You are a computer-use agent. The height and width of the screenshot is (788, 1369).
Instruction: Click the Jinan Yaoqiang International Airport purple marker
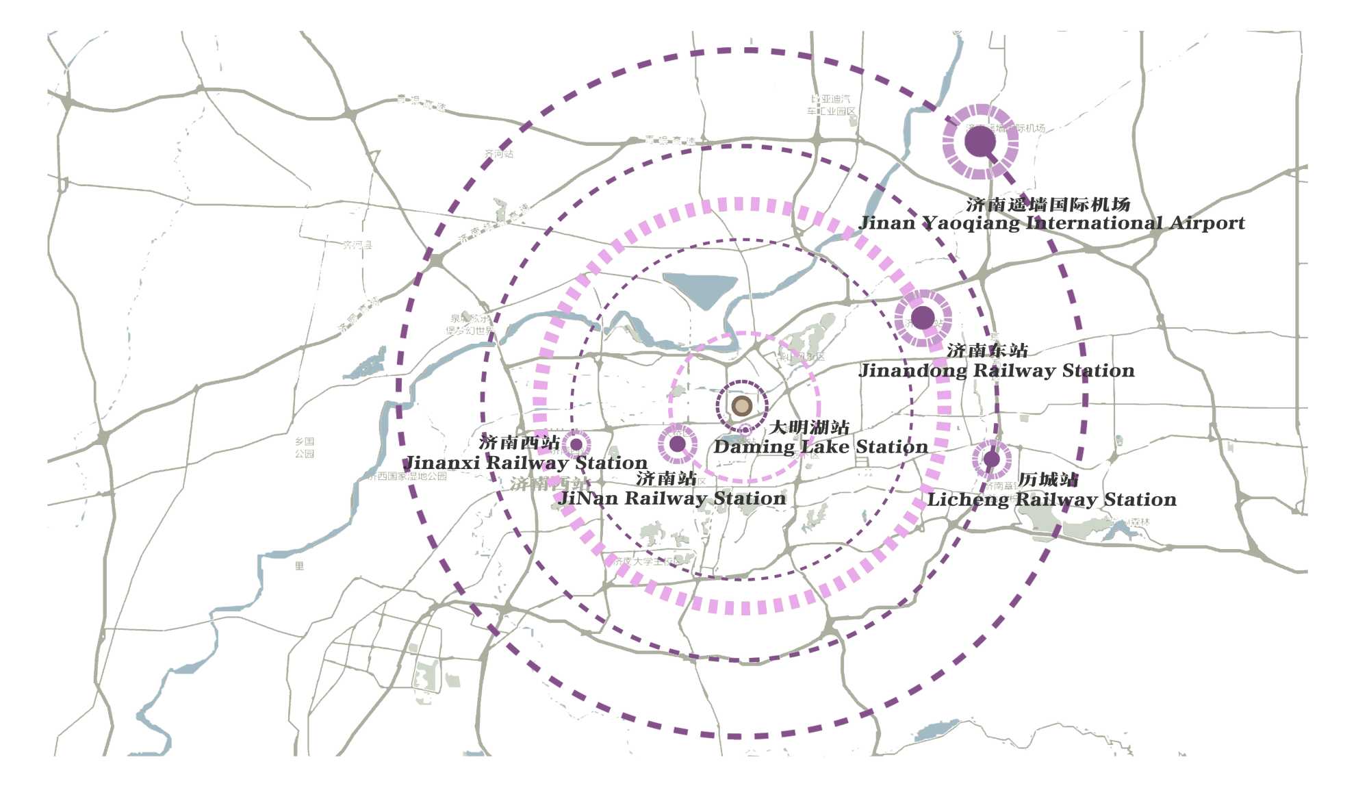click(980, 142)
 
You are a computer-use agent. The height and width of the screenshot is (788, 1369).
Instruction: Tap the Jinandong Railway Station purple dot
click(923, 317)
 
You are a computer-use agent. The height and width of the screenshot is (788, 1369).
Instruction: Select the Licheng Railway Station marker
click(991, 459)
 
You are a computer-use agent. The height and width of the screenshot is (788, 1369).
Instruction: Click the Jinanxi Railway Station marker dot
click(576, 444)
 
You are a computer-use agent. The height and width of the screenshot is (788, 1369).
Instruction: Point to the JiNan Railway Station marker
click(678, 444)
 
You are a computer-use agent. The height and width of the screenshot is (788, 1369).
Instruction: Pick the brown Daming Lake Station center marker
click(742, 406)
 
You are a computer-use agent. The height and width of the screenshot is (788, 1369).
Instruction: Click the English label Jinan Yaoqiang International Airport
click(1051, 223)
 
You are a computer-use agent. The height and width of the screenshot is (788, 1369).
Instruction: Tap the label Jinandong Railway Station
click(997, 371)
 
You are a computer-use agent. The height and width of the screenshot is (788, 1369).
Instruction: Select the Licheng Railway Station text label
click(1051, 500)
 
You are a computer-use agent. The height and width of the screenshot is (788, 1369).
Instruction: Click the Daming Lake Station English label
click(821, 447)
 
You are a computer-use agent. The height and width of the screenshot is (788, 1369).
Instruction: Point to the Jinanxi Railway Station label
click(526, 463)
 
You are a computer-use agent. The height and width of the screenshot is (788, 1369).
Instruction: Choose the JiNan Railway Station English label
click(671, 498)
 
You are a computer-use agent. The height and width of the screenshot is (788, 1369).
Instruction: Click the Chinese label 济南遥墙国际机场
click(1048, 204)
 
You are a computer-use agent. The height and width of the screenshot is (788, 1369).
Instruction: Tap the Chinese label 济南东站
click(987, 351)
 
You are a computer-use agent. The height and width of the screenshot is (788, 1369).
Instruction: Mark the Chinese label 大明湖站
click(809, 428)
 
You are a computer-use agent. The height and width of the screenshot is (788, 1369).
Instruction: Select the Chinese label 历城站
click(1047, 479)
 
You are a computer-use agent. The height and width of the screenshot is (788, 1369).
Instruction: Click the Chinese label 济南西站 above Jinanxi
click(519, 442)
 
